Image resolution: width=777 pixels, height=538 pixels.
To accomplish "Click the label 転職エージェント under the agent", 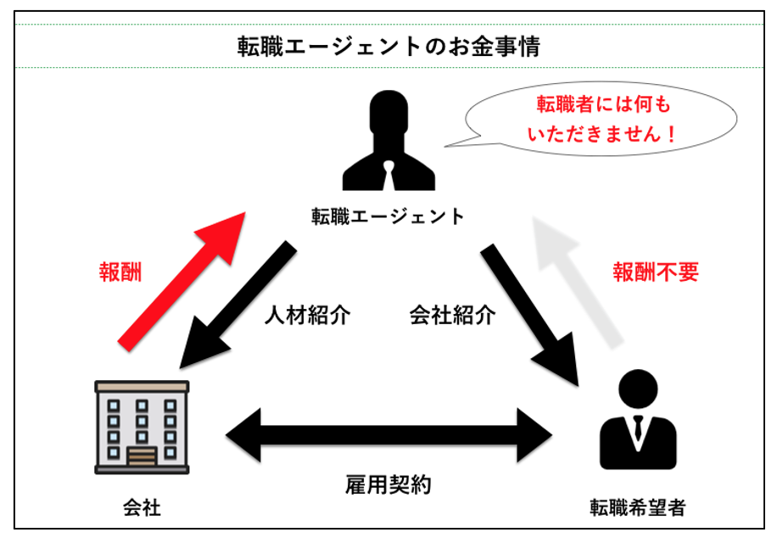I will click(x=388, y=216).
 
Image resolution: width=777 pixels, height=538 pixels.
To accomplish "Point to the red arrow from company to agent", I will click(x=181, y=279).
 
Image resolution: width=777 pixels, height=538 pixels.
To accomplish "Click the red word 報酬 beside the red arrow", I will click(x=120, y=272).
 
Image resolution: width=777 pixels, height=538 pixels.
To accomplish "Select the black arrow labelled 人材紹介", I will click(x=238, y=305).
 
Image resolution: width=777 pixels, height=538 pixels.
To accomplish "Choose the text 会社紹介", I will click(x=451, y=315).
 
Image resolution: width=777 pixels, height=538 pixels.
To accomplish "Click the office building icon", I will click(x=142, y=426).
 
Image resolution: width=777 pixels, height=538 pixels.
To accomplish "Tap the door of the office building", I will click(x=142, y=456).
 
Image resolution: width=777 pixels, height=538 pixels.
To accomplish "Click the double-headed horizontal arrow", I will click(x=388, y=437).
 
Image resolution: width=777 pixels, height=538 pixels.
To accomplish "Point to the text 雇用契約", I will click(x=388, y=485).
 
